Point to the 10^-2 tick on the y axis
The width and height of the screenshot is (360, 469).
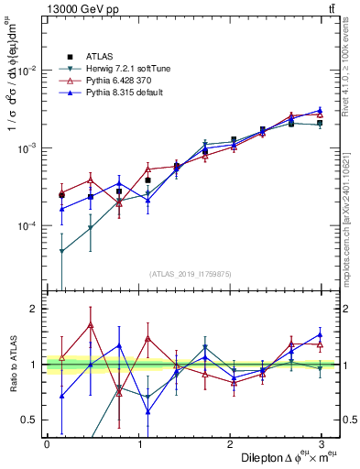[x=27, y=71]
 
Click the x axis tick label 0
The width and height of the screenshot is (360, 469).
[x=47, y=444]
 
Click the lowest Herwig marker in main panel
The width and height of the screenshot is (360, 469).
[x=61, y=251]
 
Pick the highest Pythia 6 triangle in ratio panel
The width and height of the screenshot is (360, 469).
[x=90, y=324]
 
